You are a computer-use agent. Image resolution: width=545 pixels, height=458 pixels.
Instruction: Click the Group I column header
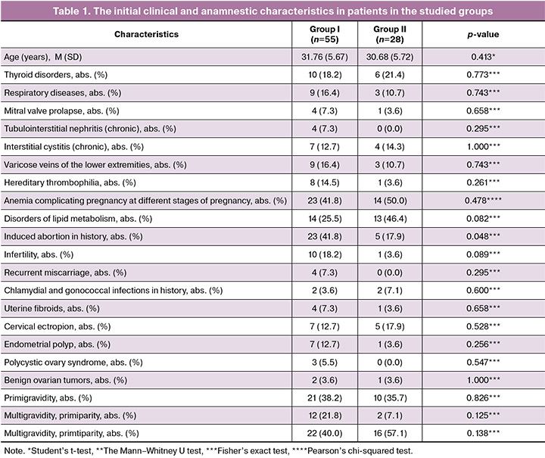pyautogui.click(x=325, y=34)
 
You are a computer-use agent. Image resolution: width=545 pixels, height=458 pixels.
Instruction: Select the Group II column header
pyautogui.click(x=390, y=34)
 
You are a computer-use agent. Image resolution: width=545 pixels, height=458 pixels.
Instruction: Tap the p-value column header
pyautogui.click(x=483, y=34)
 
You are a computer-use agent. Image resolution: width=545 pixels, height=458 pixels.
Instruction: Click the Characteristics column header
pyautogui.click(x=146, y=34)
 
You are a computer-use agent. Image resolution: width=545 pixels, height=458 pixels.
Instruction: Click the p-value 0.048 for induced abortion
pyautogui.click(x=483, y=236)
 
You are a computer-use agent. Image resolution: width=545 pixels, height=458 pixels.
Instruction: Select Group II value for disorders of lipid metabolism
pyautogui.click(x=390, y=219)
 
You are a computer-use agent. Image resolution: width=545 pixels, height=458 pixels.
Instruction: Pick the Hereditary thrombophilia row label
pyautogui.click(x=70, y=182)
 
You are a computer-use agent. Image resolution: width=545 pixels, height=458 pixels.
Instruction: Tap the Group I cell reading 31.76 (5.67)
pyautogui.click(x=325, y=57)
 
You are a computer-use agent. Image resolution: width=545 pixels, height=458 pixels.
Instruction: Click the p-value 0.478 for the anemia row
pyautogui.click(x=483, y=201)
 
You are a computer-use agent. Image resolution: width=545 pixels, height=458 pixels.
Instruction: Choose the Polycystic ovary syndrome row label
pyautogui.click(x=73, y=363)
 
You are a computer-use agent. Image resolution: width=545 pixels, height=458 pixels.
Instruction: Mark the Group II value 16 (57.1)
pyautogui.click(x=390, y=433)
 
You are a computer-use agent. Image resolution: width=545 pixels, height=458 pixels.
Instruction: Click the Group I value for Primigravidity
pyautogui.click(x=325, y=398)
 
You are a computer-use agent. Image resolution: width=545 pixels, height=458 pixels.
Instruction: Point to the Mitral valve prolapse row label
pyautogui.click(x=61, y=111)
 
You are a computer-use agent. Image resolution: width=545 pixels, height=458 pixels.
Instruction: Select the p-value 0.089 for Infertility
pyautogui.click(x=483, y=254)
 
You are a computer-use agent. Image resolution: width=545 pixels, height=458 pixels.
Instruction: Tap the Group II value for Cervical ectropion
pyautogui.click(x=390, y=326)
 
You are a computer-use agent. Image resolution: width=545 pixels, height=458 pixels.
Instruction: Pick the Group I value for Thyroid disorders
pyautogui.click(x=325, y=75)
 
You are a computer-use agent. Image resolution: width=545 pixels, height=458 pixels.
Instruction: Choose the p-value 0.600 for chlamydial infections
pyautogui.click(x=483, y=291)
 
